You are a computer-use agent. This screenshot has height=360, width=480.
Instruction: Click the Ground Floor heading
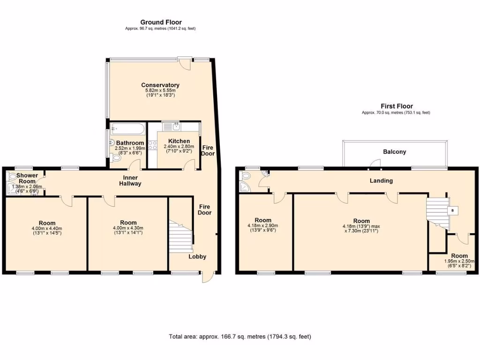(x=161, y=22)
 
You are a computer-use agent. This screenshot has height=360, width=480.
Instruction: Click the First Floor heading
(x=396, y=106)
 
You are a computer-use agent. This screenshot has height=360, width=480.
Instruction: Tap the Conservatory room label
(x=160, y=85)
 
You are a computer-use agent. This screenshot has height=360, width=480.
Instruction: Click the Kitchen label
(x=179, y=141)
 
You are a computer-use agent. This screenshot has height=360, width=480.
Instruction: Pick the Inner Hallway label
(x=130, y=180)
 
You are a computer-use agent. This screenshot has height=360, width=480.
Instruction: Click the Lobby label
(x=197, y=256)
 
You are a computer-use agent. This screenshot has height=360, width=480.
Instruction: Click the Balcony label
(x=394, y=152)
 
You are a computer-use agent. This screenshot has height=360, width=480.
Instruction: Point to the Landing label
(x=381, y=180)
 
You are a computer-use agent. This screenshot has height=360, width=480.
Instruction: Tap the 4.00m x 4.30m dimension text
(x=128, y=228)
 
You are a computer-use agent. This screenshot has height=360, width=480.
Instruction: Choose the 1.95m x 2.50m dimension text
(x=459, y=261)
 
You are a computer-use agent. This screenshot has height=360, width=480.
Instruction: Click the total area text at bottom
(x=240, y=337)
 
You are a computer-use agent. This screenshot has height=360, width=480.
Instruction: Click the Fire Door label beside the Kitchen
(x=208, y=150)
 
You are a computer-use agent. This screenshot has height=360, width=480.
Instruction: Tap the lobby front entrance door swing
(x=207, y=277)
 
